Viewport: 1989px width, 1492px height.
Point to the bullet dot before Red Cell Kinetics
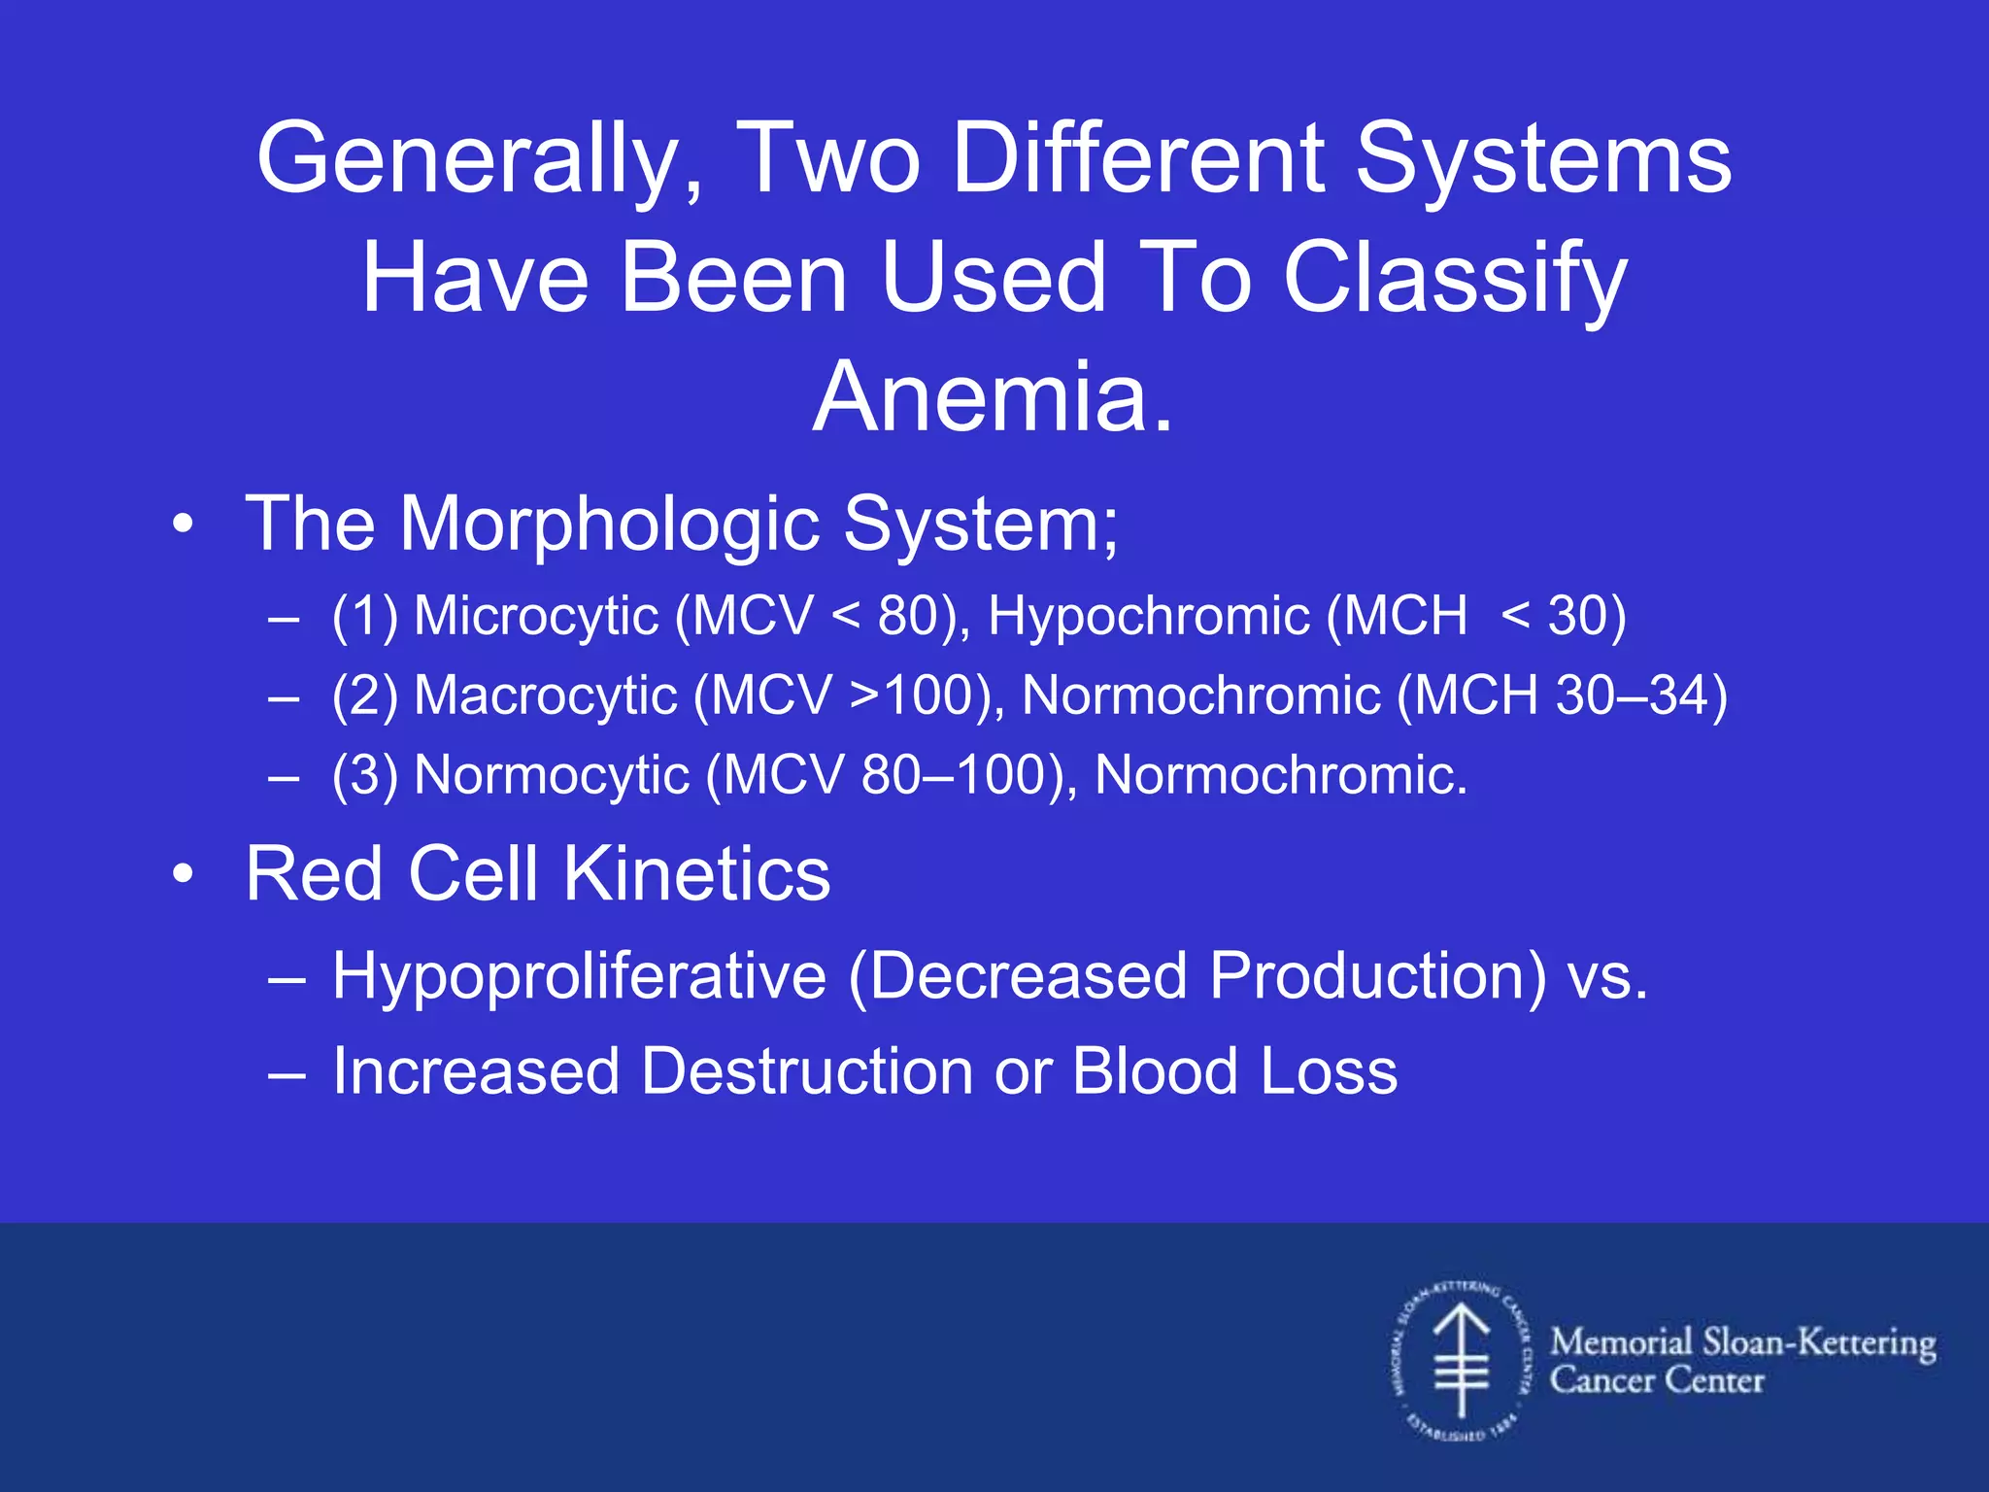pos(183,875)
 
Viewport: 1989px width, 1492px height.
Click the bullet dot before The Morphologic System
pos(183,526)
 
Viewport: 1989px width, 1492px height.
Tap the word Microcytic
pos(536,617)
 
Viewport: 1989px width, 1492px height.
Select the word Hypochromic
pos(1148,617)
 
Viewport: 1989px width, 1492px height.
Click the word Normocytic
pos(551,776)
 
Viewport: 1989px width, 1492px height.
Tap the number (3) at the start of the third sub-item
pos(364,776)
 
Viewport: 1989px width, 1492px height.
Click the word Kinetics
pos(696,874)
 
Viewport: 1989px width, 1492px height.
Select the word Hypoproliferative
pos(579,976)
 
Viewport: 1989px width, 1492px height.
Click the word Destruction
pos(807,1072)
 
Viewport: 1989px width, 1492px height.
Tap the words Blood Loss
pos(1234,1072)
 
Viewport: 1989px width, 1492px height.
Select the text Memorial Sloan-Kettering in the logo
pos(1742,1343)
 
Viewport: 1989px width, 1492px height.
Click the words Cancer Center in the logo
pos(1656,1381)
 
